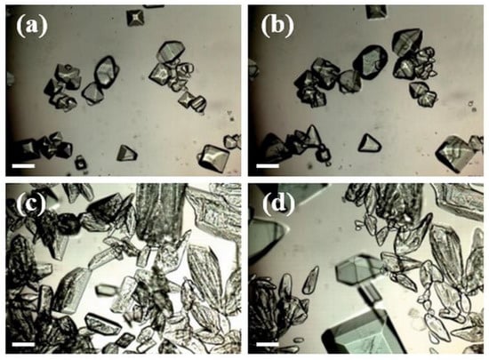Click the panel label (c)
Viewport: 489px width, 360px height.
pyautogui.click(x=31, y=204)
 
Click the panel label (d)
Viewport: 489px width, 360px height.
pyautogui.click(x=278, y=204)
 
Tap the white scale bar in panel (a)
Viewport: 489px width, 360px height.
pyautogui.click(x=23, y=166)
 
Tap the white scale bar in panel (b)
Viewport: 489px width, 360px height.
pyautogui.click(x=268, y=166)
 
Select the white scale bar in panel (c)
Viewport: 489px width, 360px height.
pyautogui.click(x=23, y=344)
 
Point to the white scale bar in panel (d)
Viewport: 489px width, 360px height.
pyautogui.click(x=268, y=344)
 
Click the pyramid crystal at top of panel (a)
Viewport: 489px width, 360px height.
pyautogui.click(x=135, y=18)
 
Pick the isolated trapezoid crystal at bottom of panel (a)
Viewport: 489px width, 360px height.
pyautogui.click(x=126, y=154)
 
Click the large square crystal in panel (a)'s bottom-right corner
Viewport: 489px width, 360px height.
pyautogui.click(x=214, y=158)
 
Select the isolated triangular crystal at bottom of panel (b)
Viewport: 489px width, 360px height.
pyautogui.click(x=370, y=143)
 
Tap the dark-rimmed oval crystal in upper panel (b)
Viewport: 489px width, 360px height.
pyautogui.click(x=370, y=62)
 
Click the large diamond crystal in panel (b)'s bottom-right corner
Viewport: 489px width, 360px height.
pyautogui.click(x=455, y=154)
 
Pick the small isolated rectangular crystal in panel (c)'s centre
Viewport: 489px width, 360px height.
pyautogui.click(x=106, y=290)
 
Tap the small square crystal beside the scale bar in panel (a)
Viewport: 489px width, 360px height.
pyautogui.click(x=80, y=163)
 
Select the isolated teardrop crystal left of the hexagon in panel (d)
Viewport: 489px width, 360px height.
pyautogui.click(x=310, y=281)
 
